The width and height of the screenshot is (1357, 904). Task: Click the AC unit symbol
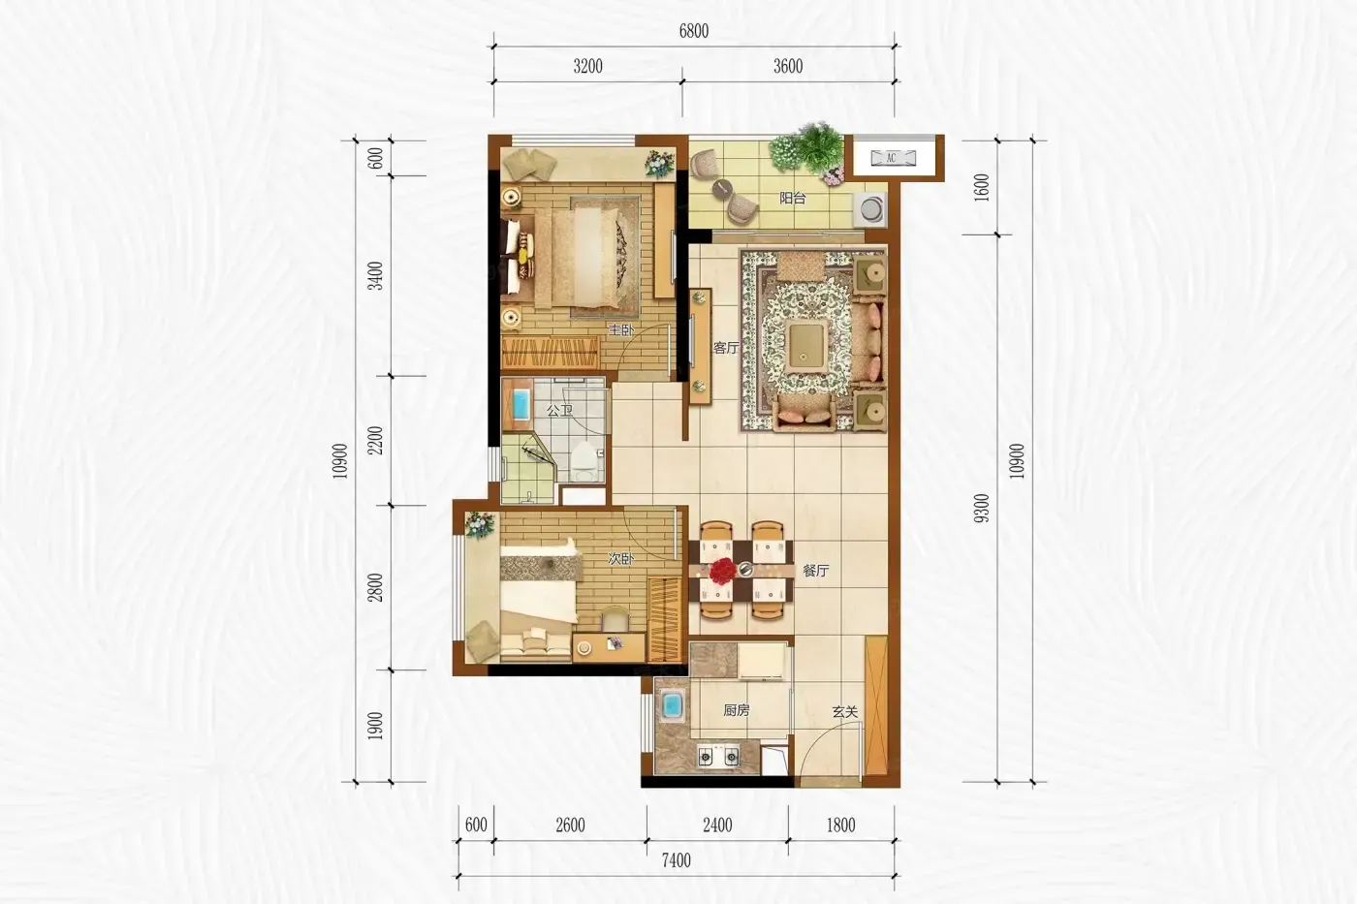click(x=893, y=158)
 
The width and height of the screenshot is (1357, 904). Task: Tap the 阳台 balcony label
click(x=793, y=198)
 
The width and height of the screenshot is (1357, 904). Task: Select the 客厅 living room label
click(x=726, y=348)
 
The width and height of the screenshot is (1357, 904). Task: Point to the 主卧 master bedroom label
click(x=620, y=330)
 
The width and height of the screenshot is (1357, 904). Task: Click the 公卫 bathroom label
click(x=559, y=411)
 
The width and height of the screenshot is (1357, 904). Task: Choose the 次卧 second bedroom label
click(x=620, y=559)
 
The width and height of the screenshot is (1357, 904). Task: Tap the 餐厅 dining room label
click(x=815, y=571)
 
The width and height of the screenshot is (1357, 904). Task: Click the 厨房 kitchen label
click(x=736, y=710)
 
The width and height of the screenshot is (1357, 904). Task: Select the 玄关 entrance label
click(x=844, y=712)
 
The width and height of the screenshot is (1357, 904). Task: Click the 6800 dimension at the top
click(x=694, y=31)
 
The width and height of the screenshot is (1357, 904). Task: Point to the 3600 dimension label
click(x=788, y=66)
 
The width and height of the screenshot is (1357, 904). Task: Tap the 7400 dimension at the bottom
click(x=677, y=860)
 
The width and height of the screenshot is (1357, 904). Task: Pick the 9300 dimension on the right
click(x=982, y=509)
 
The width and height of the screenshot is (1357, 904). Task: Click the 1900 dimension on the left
click(x=376, y=726)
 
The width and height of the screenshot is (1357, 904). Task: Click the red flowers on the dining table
click(x=722, y=571)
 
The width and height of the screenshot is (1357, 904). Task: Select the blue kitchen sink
click(x=671, y=706)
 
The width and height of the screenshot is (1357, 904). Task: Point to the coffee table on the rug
click(x=806, y=346)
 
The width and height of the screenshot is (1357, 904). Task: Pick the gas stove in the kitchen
click(x=718, y=757)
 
